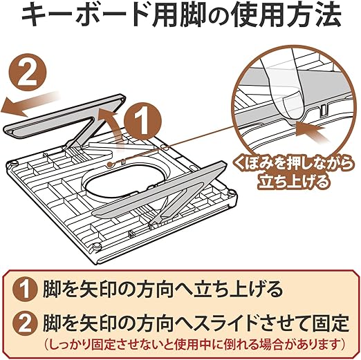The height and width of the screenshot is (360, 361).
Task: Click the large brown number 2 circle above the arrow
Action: point(28,73)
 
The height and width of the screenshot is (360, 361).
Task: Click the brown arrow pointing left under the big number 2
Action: point(30,104)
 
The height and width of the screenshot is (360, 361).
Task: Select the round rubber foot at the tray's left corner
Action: point(14,164)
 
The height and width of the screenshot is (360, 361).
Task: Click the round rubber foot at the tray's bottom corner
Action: point(96,247)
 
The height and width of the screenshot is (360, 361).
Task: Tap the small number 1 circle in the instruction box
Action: point(25,288)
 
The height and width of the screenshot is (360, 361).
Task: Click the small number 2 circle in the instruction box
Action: point(25,324)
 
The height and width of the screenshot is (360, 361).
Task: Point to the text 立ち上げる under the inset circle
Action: point(293,181)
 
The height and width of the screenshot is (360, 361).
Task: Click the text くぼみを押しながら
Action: point(293,164)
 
